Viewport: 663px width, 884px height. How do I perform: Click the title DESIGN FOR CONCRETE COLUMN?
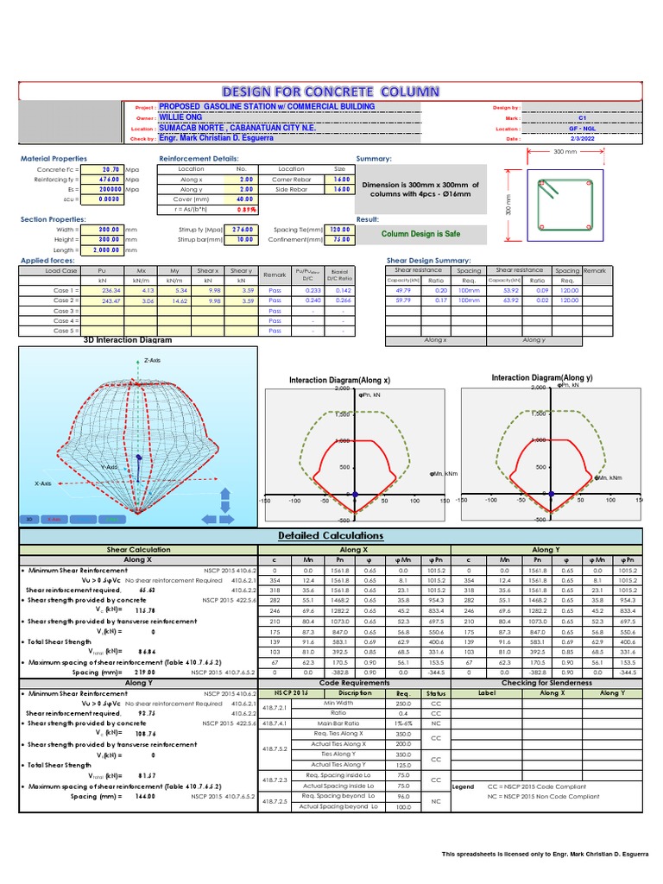click(331, 92)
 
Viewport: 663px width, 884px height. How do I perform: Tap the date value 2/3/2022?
click(582, 137)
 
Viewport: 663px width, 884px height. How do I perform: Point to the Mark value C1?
click(582, 117)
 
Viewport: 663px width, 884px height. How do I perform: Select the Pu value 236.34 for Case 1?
click(110, 290)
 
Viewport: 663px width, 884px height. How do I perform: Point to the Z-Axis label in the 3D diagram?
click(153, 360)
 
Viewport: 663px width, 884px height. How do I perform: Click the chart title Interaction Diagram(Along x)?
click(339, 380)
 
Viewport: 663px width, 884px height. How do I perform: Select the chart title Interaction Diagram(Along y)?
click(542, 378)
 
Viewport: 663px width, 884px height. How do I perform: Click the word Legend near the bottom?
click(464, 786)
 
